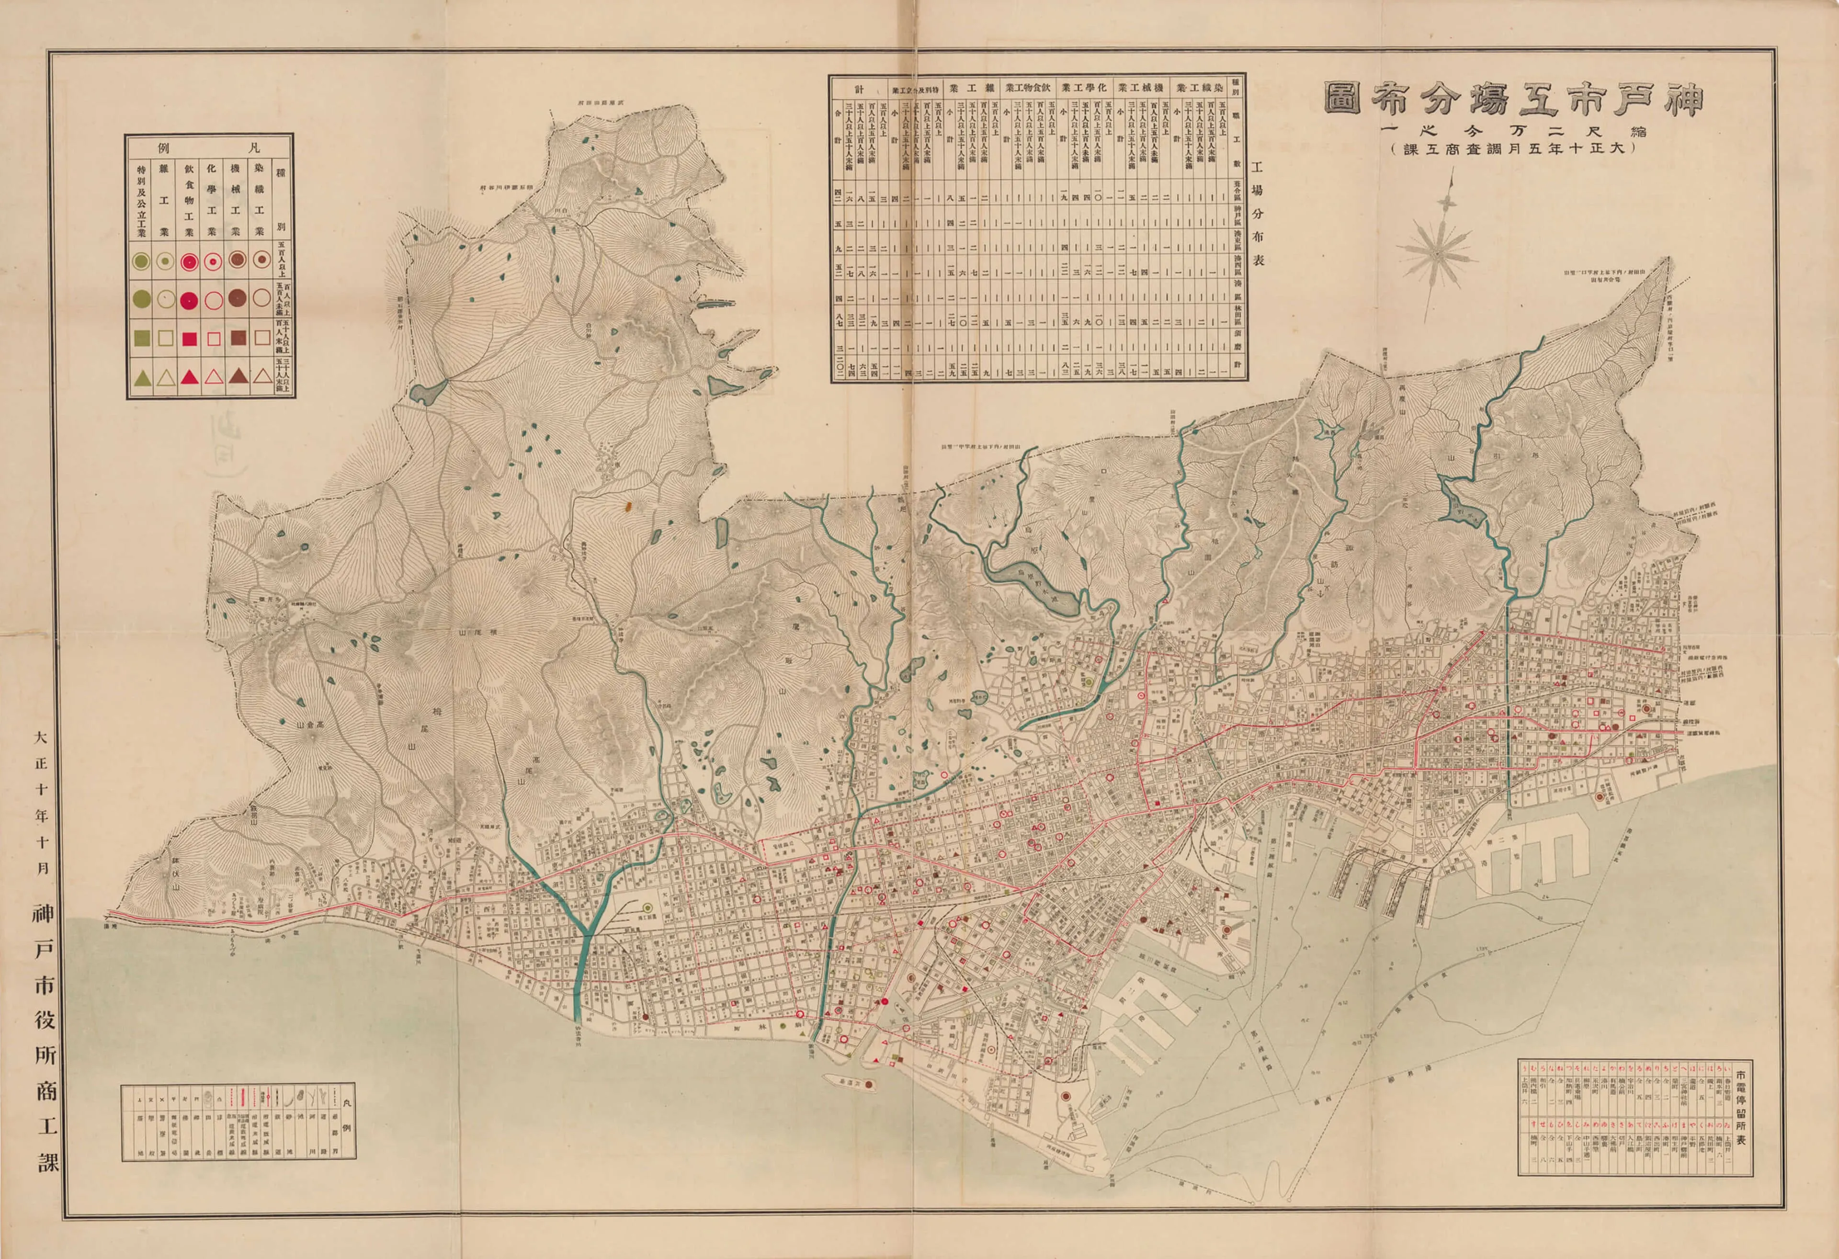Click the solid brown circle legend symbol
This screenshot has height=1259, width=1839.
click(x=237, y=298)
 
